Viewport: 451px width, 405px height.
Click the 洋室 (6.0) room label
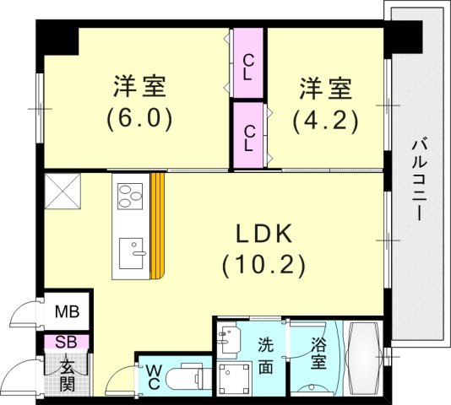(139, 101)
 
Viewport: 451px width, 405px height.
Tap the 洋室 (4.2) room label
(325, 103)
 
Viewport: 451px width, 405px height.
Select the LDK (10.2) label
(264, 250)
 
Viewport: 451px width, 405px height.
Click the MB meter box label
(68, 312)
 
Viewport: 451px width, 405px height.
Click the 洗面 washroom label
(265, 355)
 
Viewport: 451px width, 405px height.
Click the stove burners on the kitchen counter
(131, 199)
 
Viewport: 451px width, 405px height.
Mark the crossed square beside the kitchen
(62, 190)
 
